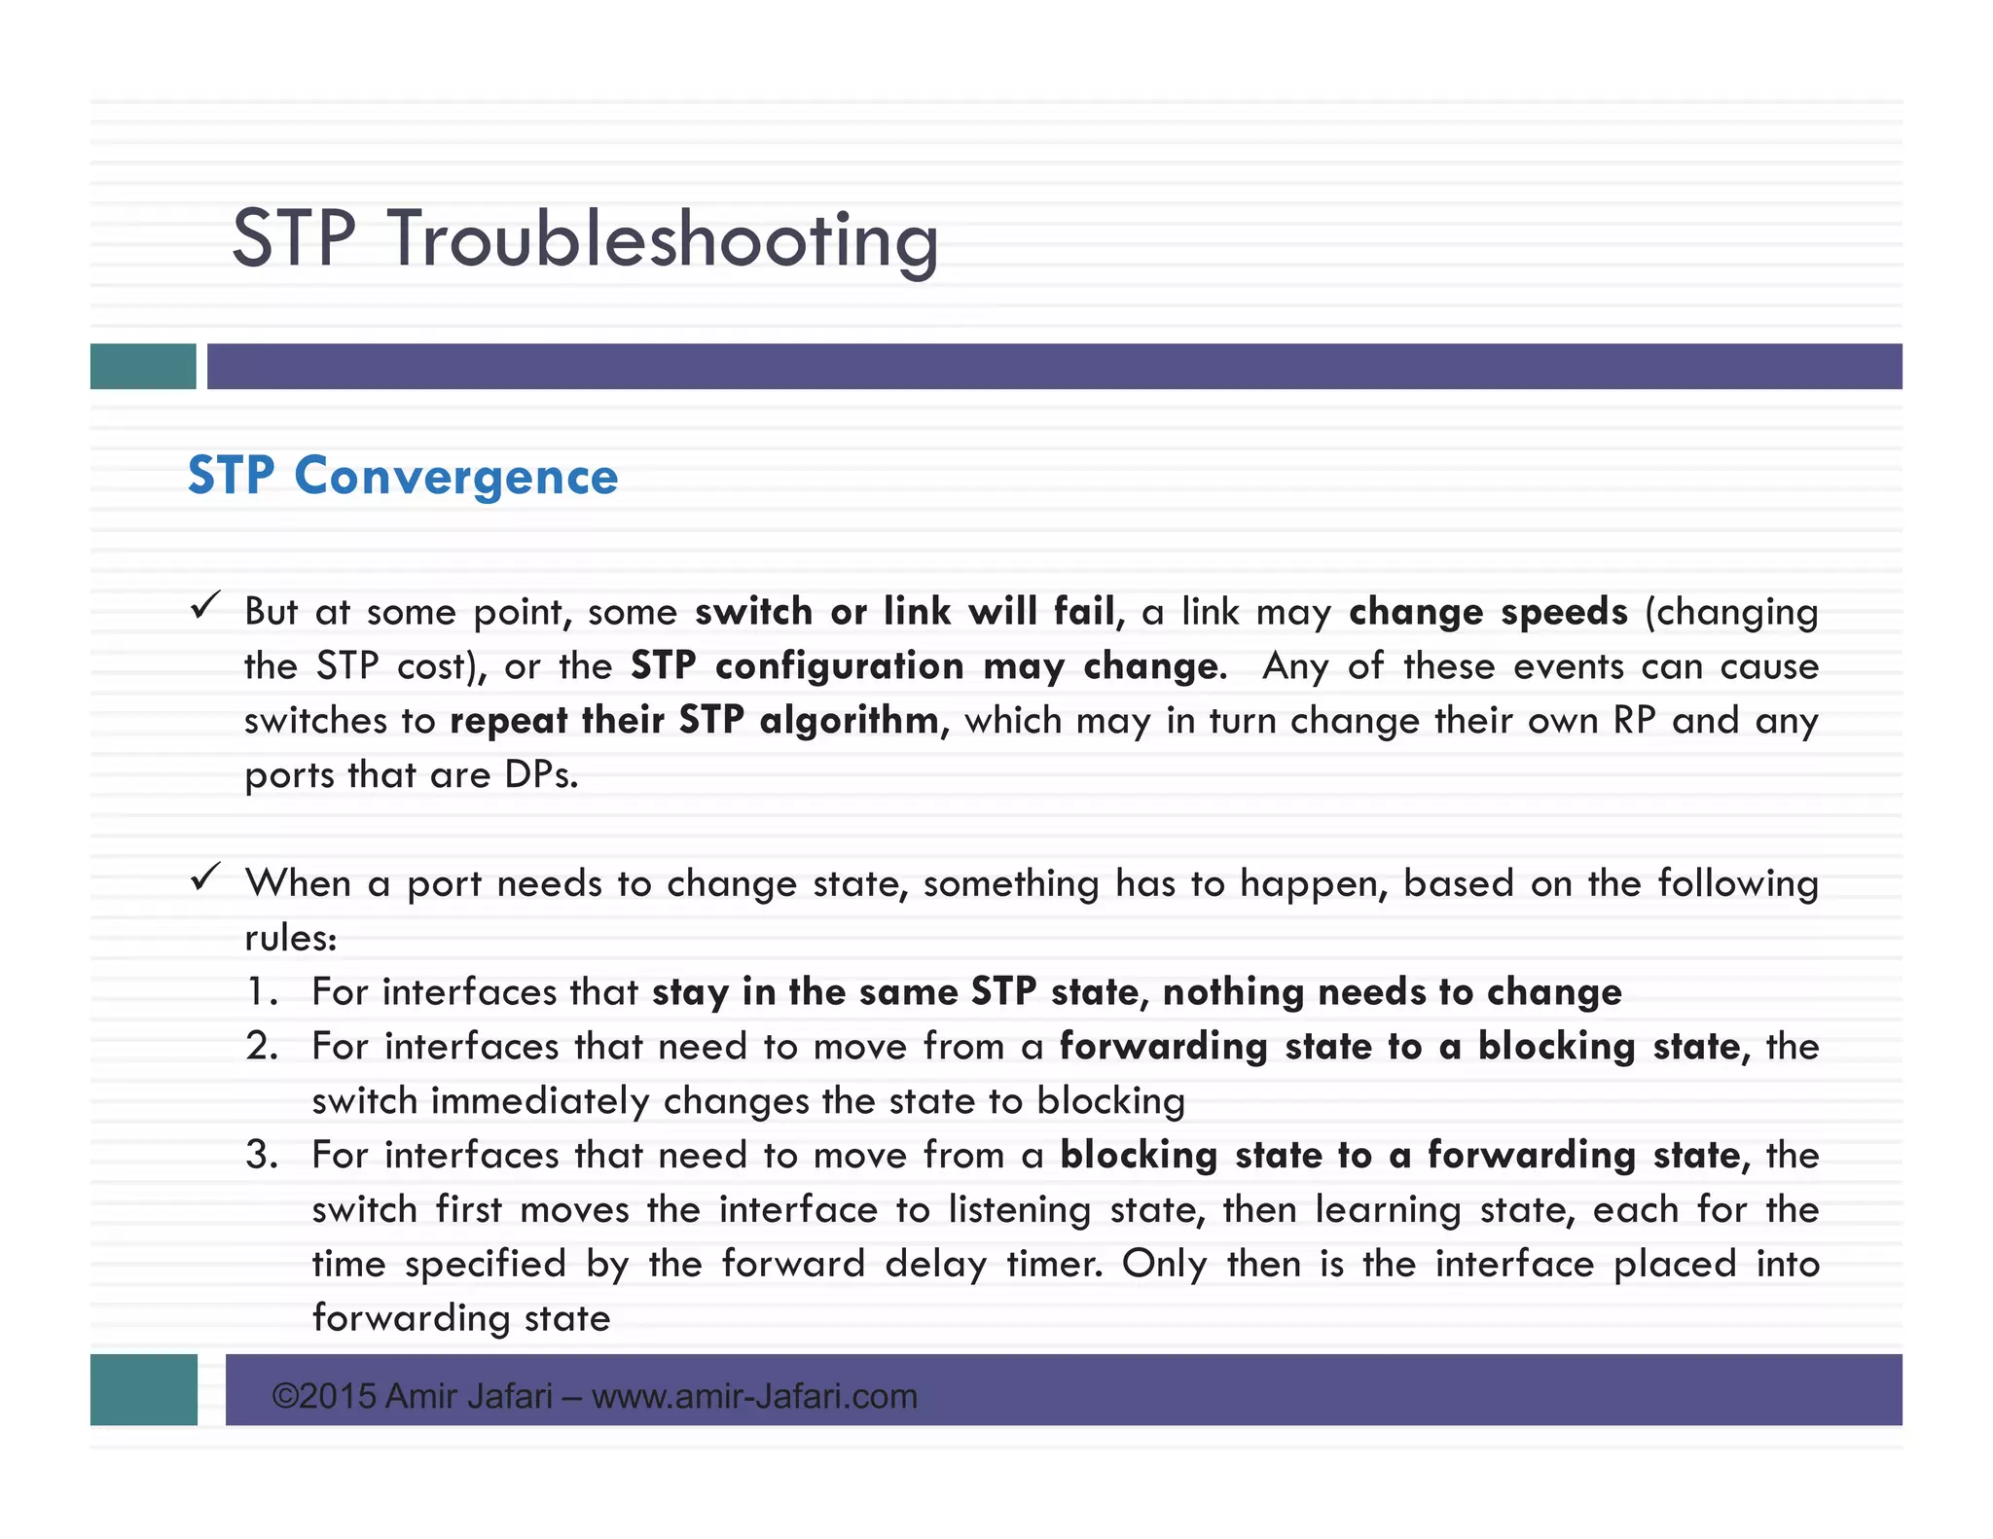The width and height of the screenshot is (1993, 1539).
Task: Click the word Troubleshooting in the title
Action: coord(664,239)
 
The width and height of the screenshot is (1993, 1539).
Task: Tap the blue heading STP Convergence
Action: coord(402,476)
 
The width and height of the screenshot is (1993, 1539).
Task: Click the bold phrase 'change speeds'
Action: coord(1487,612)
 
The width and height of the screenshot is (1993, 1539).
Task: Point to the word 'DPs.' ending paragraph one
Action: coord(541,775)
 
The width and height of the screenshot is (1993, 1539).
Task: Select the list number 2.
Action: coord(262,1047)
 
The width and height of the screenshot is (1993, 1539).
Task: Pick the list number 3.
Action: coord(262,1156)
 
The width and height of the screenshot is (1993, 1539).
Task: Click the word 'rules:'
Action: coord(290,938)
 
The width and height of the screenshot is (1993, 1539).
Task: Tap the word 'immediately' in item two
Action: coord(539,1101)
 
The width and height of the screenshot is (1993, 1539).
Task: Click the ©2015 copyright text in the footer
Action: coord(324,1396)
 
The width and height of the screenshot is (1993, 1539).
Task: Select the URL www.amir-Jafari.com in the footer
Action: coord(754,1397)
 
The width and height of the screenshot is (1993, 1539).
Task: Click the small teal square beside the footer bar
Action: coord(144,1389)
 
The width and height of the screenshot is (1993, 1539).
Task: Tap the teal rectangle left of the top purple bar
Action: coord(143,367)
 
